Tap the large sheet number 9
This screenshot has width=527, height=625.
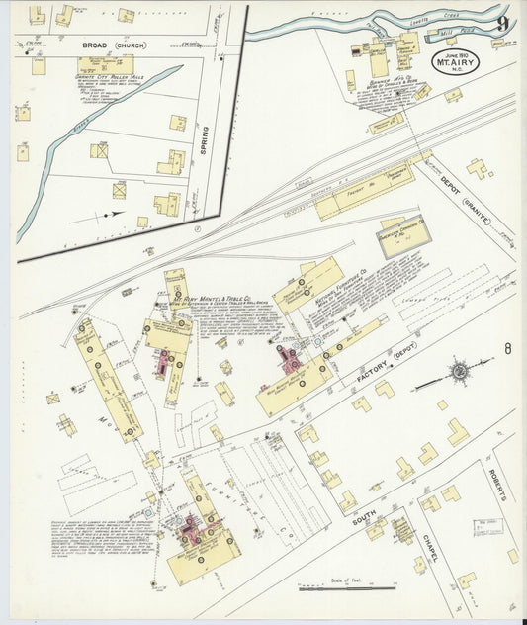504,24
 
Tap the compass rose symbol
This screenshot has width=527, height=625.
459,373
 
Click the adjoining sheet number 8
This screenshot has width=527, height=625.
508,349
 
